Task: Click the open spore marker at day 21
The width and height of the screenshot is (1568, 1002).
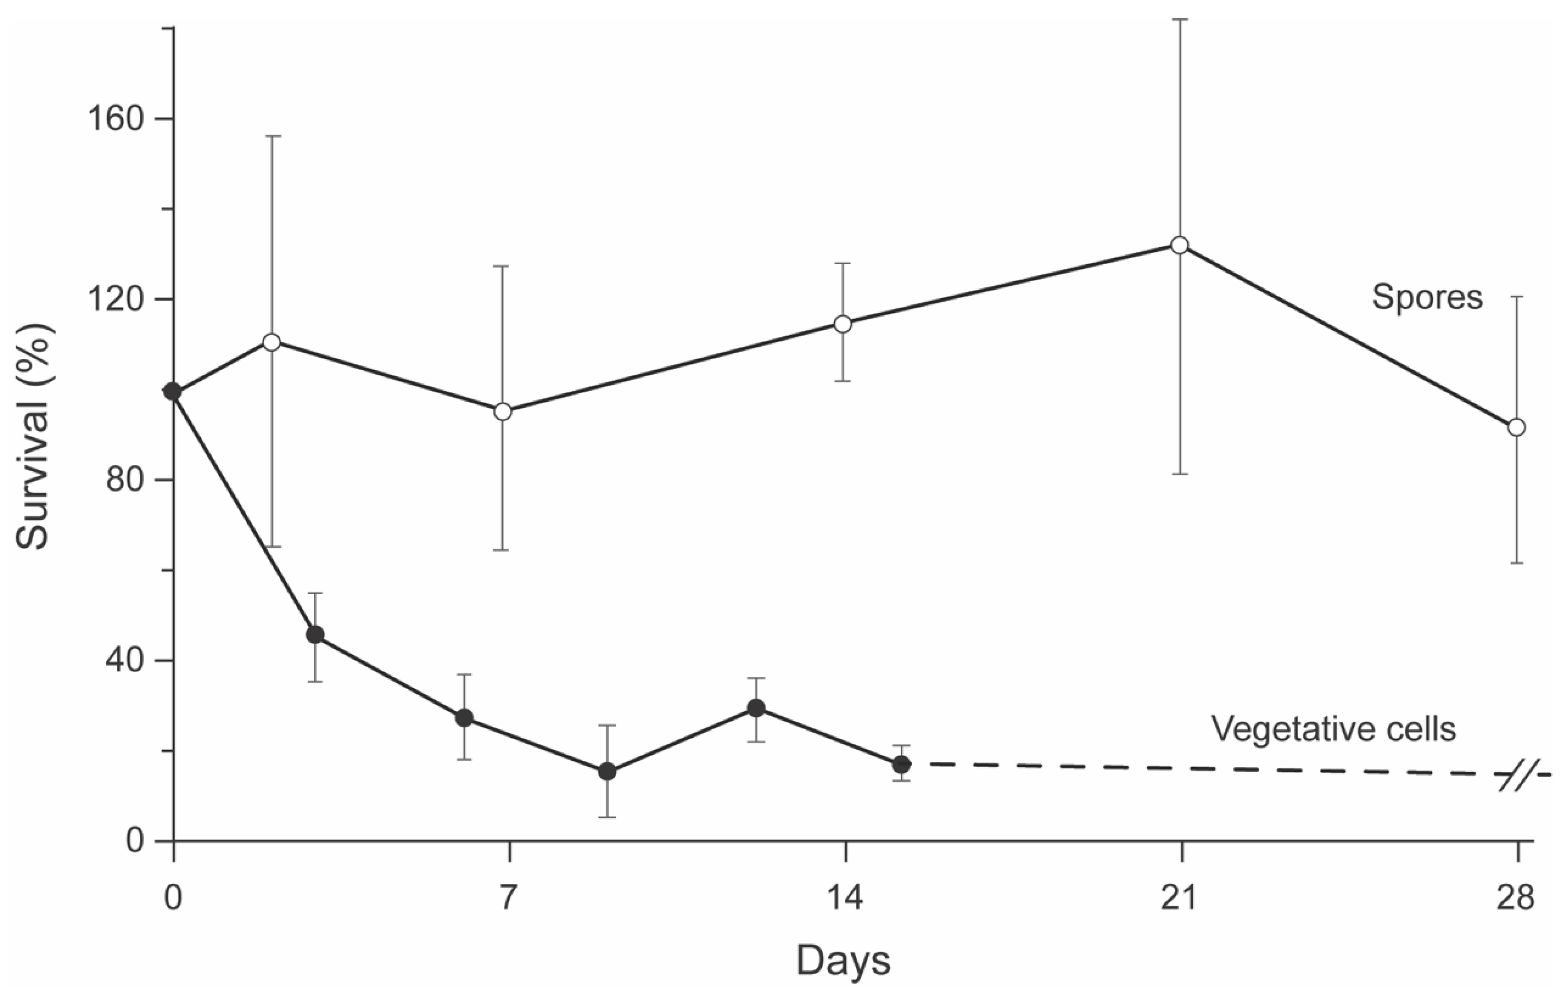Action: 1179,245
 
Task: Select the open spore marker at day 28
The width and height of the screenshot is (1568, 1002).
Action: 1516,428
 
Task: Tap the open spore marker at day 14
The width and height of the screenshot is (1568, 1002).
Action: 843,324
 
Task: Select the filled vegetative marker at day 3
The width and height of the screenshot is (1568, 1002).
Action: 315,635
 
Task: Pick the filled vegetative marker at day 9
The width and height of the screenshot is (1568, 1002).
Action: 607,771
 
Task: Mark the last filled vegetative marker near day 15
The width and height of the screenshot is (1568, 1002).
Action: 901,764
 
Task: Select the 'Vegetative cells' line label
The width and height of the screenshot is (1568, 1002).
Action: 1334,728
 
